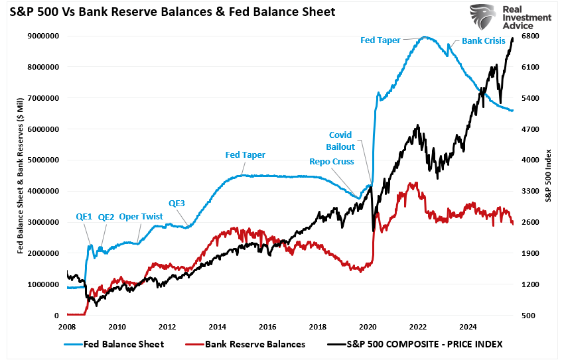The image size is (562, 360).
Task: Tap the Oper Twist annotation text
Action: (142, 217)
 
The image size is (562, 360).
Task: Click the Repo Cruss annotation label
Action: (332, 160)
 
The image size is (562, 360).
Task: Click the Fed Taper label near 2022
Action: (380, 40)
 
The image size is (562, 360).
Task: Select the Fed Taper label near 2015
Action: (246, 155)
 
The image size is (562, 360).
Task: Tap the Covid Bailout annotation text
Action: (341, 141)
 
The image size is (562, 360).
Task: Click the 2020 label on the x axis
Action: (368, 327)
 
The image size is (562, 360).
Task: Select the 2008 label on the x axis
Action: (67, 327)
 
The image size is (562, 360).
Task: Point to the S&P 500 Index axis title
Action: (550, 176)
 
